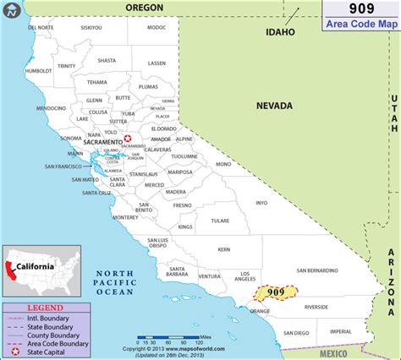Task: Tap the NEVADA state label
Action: (274, 106)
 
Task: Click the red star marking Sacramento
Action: (127, 139)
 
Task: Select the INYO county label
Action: (261, 203)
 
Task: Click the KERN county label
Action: (223, 249)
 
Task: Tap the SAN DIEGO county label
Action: (296, 333)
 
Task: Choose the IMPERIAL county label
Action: (342, 331)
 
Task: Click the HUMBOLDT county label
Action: (39, 71)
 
